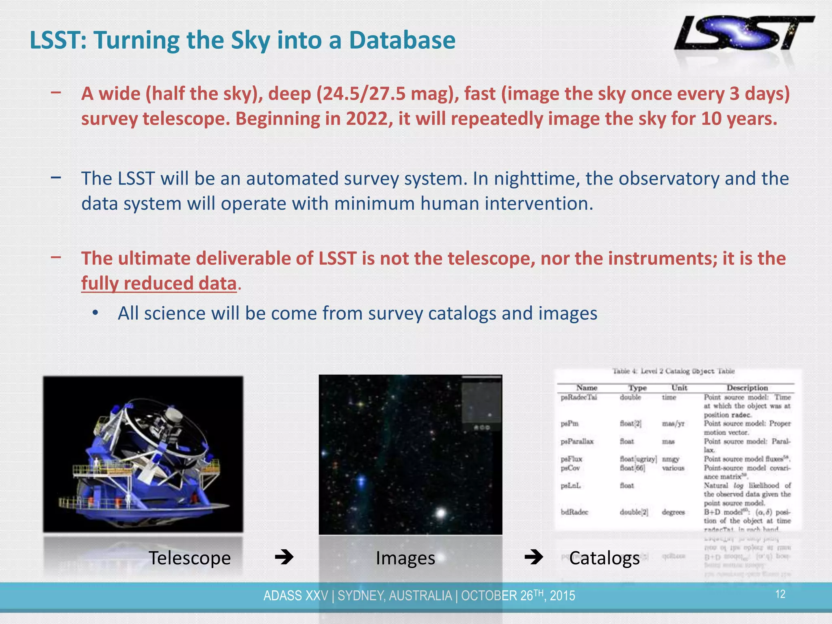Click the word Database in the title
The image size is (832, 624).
(x=402, y=40)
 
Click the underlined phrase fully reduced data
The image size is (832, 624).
(x=159, y=283)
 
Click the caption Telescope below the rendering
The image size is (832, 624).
(x=189, y=558)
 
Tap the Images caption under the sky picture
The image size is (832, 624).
(x=405, y=558)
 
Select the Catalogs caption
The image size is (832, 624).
(x=604, y=558)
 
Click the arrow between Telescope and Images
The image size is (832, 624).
(x=284, y=557)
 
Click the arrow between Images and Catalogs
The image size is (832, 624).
(x=533, y=557)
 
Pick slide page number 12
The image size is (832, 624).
(x=780, y=594)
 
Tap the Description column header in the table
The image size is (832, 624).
(x=747, y=388)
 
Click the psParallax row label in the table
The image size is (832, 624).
(x=577, y=441)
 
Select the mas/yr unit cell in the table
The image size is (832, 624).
(x=673, y=424)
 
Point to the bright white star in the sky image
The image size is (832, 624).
(x=441, y=513)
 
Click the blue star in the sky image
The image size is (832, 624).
(x=361, y=481)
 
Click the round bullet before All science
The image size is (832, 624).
(x=95, y=313)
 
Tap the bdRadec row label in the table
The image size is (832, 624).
(x=574, y=512)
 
